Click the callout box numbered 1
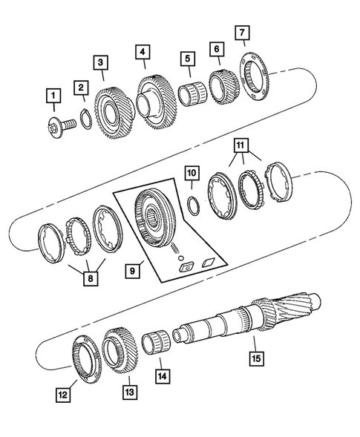click(x=53, y=95)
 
